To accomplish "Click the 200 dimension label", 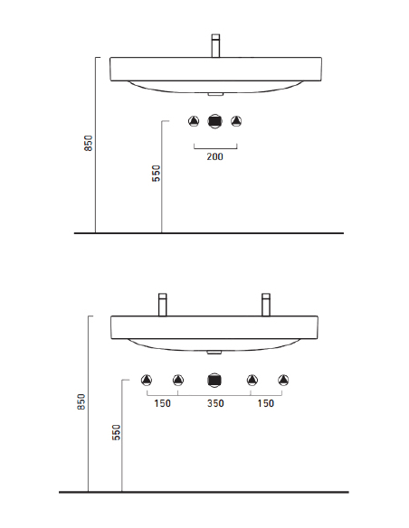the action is [214, 156].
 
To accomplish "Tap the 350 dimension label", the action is [215, 403].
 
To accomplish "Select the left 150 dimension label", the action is [162, 403].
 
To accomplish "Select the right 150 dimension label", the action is [266, 403].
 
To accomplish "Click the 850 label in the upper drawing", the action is [89, 143].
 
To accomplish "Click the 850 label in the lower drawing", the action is [81, 401].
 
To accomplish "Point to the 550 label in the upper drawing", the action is [157, 174].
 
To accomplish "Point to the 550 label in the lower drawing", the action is [116, 432].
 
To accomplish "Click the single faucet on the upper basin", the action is [215, 46].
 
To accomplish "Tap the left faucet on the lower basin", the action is [162, 305].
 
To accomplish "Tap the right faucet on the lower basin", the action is [266, 305].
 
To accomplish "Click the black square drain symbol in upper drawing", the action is [215, 121].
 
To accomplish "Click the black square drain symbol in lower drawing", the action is [214, 380].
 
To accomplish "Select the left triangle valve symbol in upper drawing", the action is [194, 121].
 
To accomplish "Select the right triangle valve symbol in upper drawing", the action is [236, 121].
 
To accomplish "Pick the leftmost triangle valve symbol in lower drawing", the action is [147, 380].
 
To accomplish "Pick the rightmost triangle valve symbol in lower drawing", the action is [283, 380].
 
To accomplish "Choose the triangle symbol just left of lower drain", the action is [178, 380].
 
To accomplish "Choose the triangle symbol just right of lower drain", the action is [252, 380].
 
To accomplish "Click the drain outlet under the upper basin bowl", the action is [215, 94].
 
